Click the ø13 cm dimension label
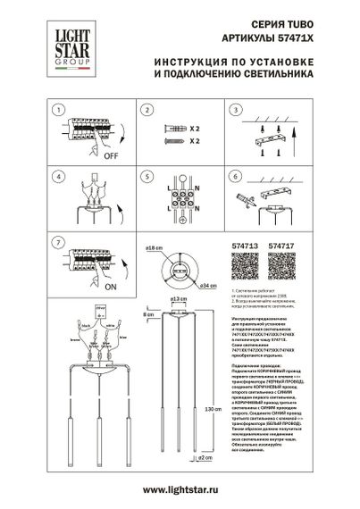coord(177,298)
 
